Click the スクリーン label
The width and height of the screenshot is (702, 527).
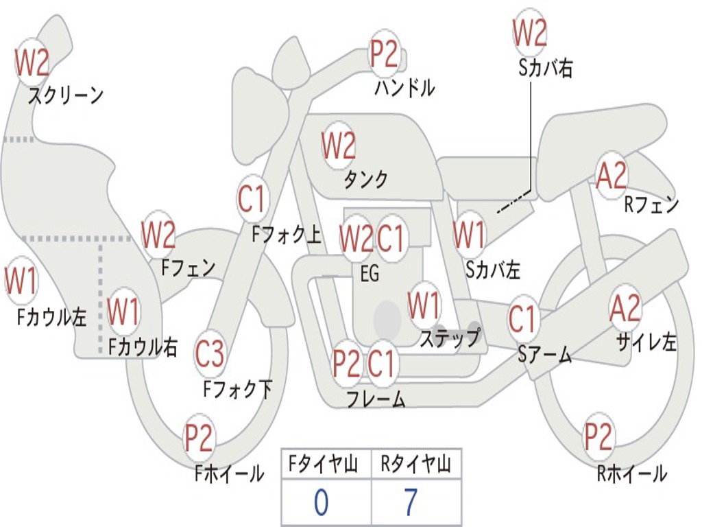coord(65,95)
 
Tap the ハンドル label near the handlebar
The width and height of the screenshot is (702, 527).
coord(404,88)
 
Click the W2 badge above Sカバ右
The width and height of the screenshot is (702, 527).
coord(529,32)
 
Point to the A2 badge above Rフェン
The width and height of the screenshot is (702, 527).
coord(612,176)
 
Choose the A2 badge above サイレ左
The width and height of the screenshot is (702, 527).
coord(625,308)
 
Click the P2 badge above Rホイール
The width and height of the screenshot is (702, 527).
coord(598,436)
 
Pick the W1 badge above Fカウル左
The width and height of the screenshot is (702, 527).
coord(21,281)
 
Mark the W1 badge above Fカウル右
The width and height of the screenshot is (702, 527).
coord(123,312)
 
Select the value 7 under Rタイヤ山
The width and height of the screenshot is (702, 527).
coord(410,503)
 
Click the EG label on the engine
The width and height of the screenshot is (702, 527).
coord(370,273)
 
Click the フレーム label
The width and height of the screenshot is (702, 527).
coord(375,398)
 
